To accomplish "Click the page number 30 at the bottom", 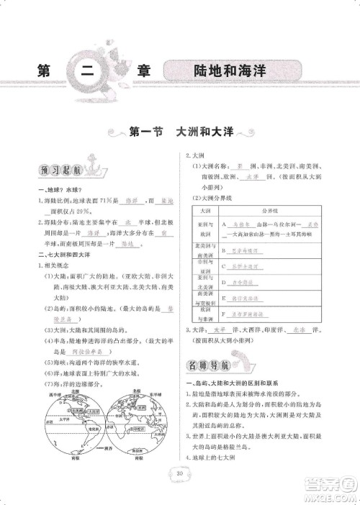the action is tap(179, 473).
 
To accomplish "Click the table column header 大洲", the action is tap(203, 211).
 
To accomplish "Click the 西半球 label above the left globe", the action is tap(52, 394).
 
